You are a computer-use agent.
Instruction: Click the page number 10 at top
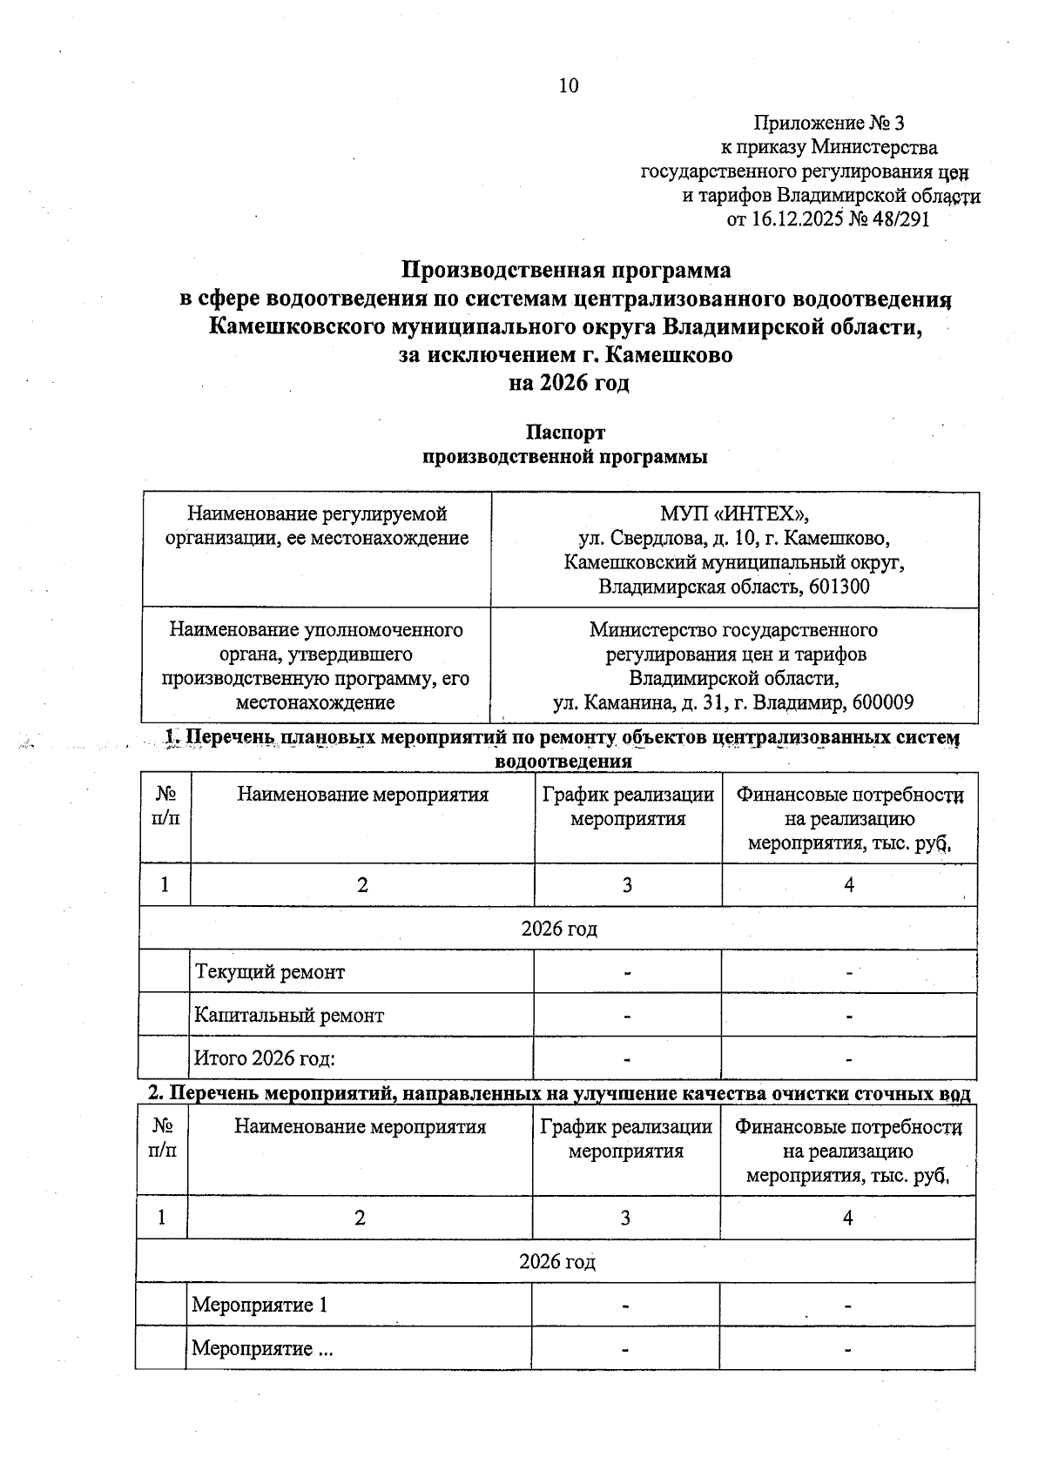pos(568,85)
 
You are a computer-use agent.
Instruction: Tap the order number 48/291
pos(901,218)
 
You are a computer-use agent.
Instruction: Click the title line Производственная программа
pos(566,269)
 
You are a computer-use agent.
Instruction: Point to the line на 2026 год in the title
pos(568,383)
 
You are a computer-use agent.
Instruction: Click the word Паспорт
pos(565,433)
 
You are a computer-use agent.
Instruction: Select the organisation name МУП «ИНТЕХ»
pos(733,514)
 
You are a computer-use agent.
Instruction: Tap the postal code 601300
pos(839,587)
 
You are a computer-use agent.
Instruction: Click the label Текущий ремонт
pos(270,972)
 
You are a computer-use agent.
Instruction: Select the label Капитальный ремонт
pos(289,1016)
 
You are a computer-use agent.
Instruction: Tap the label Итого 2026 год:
pos(265,1059)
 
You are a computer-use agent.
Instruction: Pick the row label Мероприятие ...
pos(262,1349)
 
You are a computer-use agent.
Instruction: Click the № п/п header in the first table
pos(165,806)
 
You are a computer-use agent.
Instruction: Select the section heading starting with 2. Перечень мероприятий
pos(557,1094)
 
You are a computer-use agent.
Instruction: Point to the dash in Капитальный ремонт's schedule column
pos(627,1016)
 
